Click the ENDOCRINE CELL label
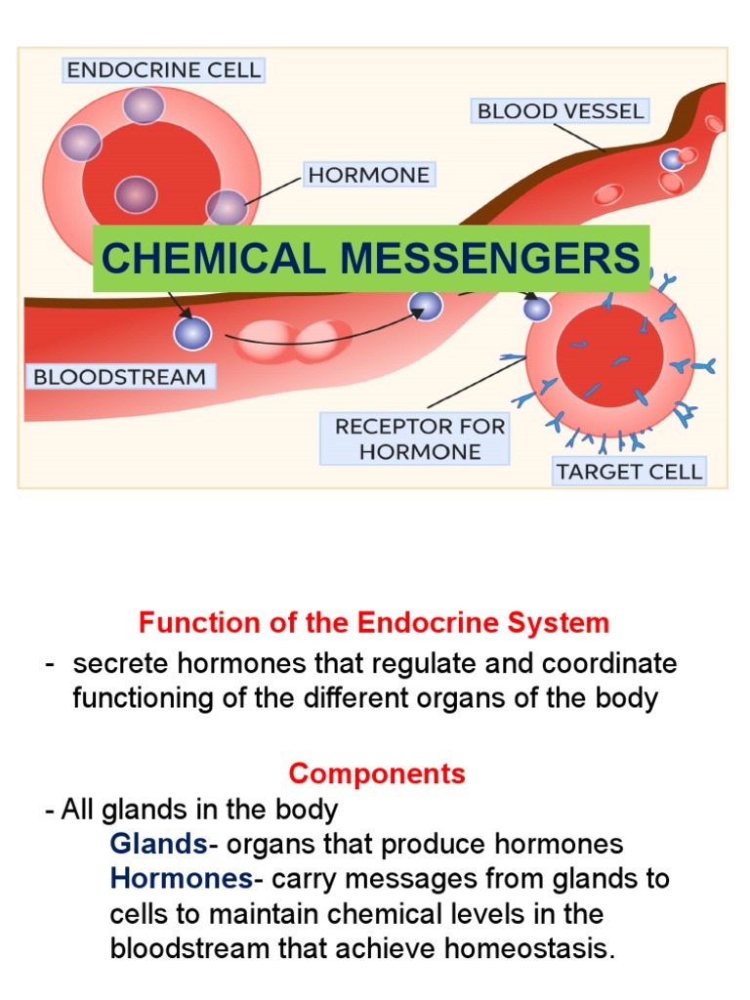(163, 70)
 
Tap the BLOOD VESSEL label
(561, 110)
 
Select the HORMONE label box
(368, 175)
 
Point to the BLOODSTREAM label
(120, 377)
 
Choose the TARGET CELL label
(628, 472)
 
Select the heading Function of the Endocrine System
(374, 622)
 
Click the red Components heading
(377, 774)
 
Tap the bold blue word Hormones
(182, 879)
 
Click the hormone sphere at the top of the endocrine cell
(144, 104)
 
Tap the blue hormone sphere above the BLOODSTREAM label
(192, 332)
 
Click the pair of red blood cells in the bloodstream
(295, 340)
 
